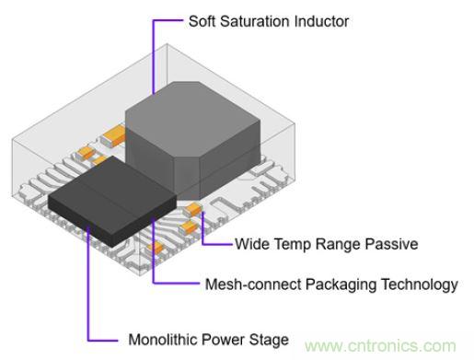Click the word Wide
[253, 245]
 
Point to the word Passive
[393, 245]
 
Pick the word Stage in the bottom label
[269, 340]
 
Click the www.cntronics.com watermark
[387, 345]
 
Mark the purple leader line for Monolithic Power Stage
[89, 295]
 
